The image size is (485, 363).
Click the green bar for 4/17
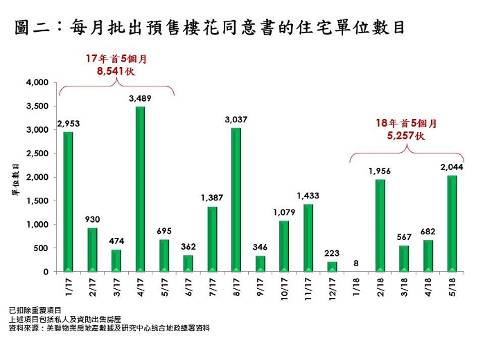coord(140,188)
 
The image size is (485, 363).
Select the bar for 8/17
coord(236,199)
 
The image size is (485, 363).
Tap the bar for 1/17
coord(68,201)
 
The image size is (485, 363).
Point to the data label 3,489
coord(140,99)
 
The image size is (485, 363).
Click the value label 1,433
coord(308,196)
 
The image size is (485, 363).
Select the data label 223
coord(332,253)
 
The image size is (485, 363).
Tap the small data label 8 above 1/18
coord(355,263)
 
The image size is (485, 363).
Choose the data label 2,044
coord(452,167)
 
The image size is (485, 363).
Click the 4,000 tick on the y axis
coord(37,83)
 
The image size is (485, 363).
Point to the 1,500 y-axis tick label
coord(37,201)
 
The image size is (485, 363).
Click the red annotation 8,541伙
coord(116,71)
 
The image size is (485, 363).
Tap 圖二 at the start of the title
coord(34,28)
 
